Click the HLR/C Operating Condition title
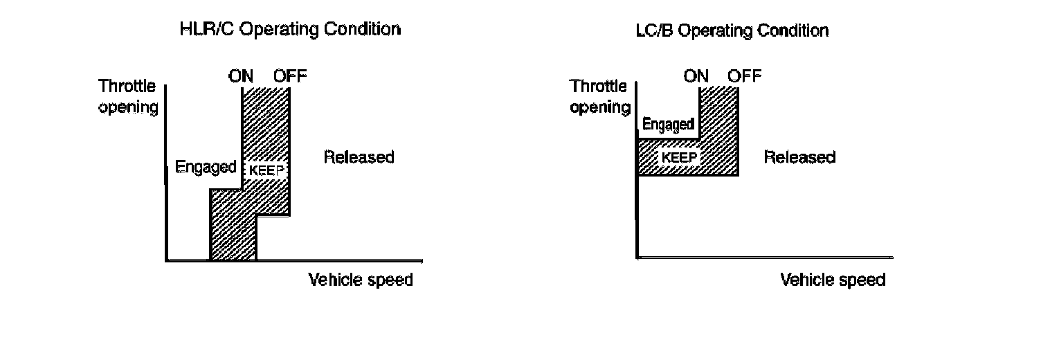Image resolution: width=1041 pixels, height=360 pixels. pyautogui.click(x=289, y=30)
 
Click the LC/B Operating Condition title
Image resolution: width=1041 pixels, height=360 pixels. pyautogui.click(x=732, y=31)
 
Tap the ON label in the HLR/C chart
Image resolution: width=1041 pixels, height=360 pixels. pyautogui.click(x=241, y=75)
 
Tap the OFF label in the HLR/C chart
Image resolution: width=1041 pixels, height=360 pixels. pyautogui.click(x=289, y=75)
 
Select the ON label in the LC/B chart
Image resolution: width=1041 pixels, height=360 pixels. pyautogui.click(x=696, y=76)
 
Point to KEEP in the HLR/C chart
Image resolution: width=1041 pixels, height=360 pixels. pyautogui.click(x=266, y=169)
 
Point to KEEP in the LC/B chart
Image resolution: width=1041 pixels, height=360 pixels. pyautogui.click(x=678, y=156)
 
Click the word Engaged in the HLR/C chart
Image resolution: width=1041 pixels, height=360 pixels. pyautogui.click(x=206, y=167)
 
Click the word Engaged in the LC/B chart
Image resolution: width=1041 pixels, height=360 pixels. pyautogui.click(x=668, y=125)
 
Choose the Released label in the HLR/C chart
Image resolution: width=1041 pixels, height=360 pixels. pyautogui.click(x=359, y=157)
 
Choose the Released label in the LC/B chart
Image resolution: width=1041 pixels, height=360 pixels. pyautogui.click(x=799, y=157)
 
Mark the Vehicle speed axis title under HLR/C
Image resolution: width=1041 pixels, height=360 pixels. pyautogui.click(x=360, y=280)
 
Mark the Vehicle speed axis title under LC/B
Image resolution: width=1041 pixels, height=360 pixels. pyautogui.click(x=833, y=280)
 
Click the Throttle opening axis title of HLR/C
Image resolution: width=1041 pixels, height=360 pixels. pyautogui.click(x=128, y=97)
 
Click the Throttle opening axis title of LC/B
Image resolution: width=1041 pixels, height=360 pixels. pyautogui.click(x=600, y=97)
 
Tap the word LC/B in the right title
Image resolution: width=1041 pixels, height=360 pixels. pyautogui.click(x=654, y=31)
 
